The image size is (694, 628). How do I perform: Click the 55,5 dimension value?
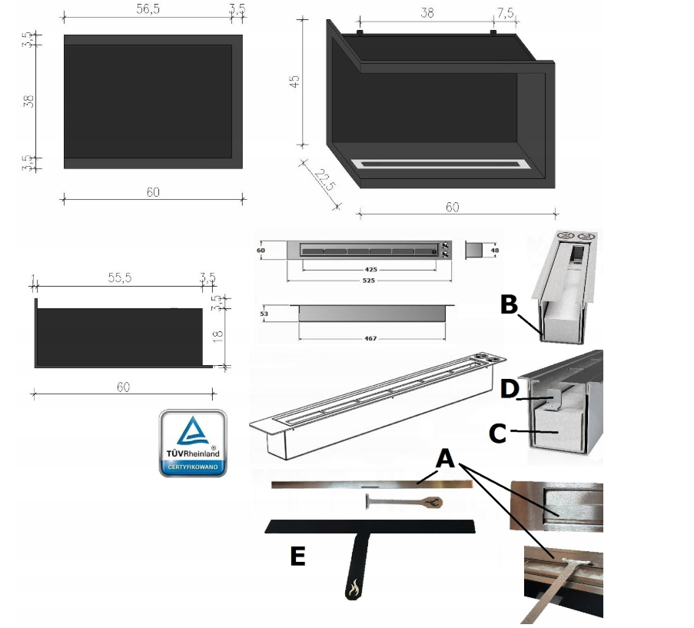click(119, 278)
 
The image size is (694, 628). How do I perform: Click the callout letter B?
click(509, 304)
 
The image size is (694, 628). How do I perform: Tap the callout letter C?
click(498, 434)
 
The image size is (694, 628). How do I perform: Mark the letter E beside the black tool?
click(298, 557)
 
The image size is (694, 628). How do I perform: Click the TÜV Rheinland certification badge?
click(193, 442)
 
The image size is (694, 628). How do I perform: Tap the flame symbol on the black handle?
click(354, 587)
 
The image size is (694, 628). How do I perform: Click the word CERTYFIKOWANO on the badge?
click(193, 467)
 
